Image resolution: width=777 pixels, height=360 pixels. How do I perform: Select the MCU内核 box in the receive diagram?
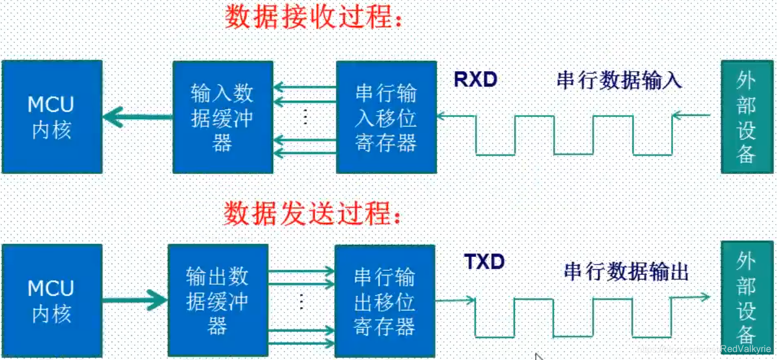pos(52,116)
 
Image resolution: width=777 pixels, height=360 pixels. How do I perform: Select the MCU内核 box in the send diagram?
pos(52,300)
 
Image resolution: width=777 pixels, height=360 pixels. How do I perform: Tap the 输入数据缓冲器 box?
pos(223,117)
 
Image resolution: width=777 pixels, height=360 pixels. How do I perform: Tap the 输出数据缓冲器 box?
pos(218,300)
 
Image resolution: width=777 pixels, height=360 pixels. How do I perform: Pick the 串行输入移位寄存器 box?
pos(386,117)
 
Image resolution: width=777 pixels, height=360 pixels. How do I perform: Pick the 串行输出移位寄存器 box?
pos(385,300)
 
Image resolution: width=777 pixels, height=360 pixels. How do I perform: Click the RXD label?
pos(476,80)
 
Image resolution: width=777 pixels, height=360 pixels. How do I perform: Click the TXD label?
pos(484,262)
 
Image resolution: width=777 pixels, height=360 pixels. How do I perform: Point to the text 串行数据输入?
pos(619,80)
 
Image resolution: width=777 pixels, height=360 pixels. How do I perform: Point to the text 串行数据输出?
pos(627,271)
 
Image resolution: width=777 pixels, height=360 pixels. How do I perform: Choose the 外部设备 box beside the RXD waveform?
pos(746,116)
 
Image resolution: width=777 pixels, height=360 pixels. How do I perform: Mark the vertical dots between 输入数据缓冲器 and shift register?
pos(305,117)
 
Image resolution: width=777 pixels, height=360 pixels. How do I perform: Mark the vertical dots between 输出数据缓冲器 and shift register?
pos(301,301)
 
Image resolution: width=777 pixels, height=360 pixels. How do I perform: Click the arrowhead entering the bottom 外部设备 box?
pos(704,297)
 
